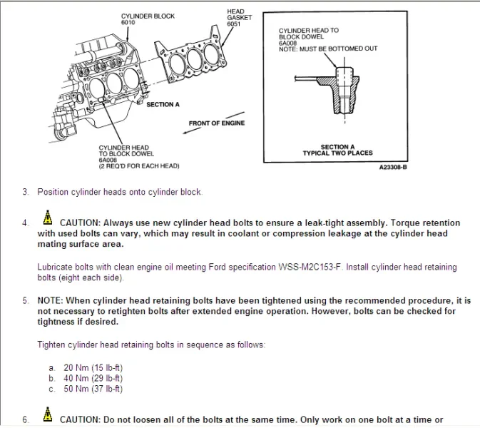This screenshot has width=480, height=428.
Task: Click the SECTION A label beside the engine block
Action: (x=163, y=105)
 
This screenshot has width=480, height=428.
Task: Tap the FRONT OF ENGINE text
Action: (x=216, y=123)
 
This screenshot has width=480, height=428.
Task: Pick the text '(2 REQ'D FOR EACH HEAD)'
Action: (x=139, y=166)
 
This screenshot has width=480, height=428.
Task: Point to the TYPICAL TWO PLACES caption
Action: (x=337, y=153)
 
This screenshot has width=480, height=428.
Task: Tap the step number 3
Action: (x=25, y=192)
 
